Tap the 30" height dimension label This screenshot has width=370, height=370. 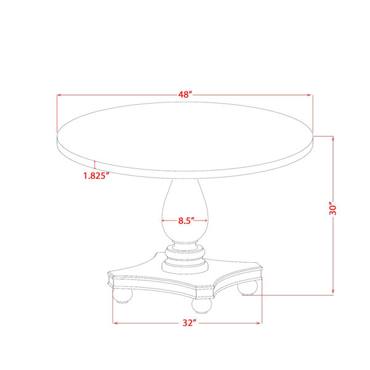coord(333,208)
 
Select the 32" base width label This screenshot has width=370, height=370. coord(189,323)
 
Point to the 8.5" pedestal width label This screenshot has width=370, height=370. coord(186,221)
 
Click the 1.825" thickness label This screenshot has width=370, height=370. coord(96,176)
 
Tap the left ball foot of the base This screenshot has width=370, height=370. coord(123,295)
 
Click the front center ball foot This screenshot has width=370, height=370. coord(202,306)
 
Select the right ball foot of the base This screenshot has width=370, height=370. coord(247,287)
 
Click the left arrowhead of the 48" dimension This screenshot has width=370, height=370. coord(59,95)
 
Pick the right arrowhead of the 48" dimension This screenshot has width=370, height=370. coord(309,95)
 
